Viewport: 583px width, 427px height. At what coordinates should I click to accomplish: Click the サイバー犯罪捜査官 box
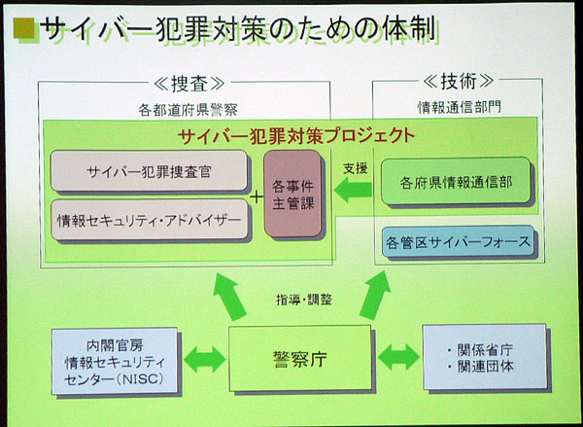point(150,170)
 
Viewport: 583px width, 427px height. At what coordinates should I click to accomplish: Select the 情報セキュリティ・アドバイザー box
point(150,220)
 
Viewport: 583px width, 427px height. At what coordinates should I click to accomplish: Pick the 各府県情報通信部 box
point(456,181)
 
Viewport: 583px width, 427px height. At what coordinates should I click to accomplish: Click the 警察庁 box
point(299,358)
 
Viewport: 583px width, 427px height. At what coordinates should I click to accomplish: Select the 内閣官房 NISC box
point(115,358)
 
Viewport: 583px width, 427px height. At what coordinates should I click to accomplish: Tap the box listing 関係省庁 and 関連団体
point(477,357)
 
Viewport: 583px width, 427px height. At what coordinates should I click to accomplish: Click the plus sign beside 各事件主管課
point(257,196)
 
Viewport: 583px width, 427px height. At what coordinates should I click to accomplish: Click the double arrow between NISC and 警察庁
point(204,356)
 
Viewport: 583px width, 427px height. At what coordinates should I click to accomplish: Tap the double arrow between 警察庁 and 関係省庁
point(398,356)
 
